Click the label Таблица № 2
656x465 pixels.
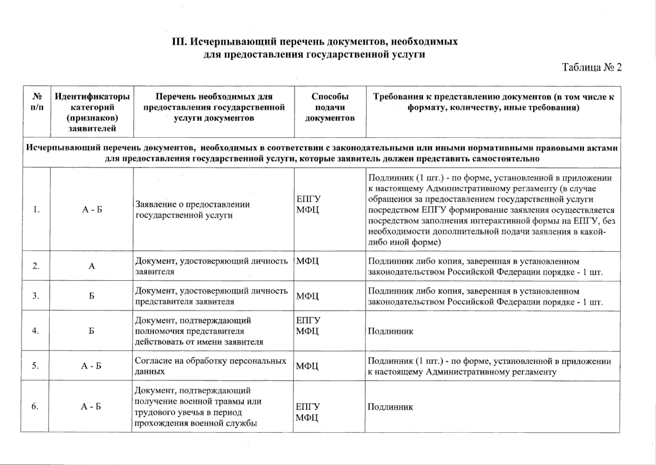pyautogui.click(x=592, y=67)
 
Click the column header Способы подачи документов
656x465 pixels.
pyautogui.click(x=330, y=107)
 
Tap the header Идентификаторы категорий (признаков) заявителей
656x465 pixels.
pyautogui.click(x=92, y=112)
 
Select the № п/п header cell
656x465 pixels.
pyautogui.click(x=37, y=102)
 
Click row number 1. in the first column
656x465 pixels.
pyautogui.click(x=36, y=210)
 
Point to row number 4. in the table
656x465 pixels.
pyautogui.click(x=36, y=331)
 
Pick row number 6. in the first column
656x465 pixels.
pyautogui.click(x=35, y=406)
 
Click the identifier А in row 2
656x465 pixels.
pyautogui.click(x=92, y=266)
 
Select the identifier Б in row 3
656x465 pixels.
pyautogui.click(x=91, y=296)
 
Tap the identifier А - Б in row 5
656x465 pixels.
pyautogui.click(x=91, y=366)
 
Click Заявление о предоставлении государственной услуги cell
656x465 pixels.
pyautogui.click(x=192, y=210)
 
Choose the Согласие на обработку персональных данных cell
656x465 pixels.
pyautogui.click(x=210, y=366)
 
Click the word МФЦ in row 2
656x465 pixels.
pyautogui.click(x=307, y=261)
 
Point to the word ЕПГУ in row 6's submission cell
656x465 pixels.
pyautogui.click(x=308, y=406)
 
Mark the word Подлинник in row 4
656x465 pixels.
pyautogui.click(x=390, y=331)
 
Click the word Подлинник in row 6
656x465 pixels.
pyautogui.click(x=390, y=407)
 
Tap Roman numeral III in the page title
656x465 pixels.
pyautogui.click(x=179, y=41)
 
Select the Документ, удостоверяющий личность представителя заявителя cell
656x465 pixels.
pyautogui.click(x=211, y=296)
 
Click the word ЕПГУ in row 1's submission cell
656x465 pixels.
pyautogui.click(x=309, y=199)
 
